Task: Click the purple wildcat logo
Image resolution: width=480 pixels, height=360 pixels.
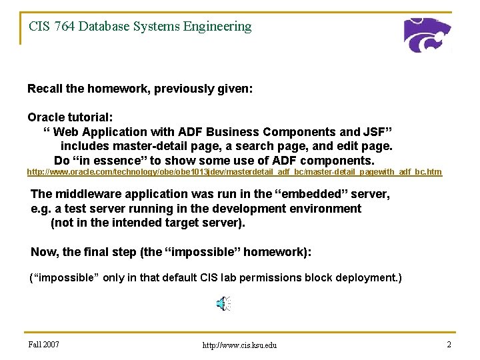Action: click(x=427, y=35)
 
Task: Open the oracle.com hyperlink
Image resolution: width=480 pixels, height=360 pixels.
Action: click(x=234, y=173)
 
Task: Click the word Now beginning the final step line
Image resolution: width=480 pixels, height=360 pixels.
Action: click(x=44, y=252)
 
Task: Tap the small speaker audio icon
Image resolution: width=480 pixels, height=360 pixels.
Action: click(x=223, y=304)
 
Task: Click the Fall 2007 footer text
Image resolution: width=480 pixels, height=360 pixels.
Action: click(x=44, y=344)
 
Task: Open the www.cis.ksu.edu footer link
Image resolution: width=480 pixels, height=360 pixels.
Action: click(x=239, y=345)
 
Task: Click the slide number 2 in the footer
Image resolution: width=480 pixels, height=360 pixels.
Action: click(x=449, y=344)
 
